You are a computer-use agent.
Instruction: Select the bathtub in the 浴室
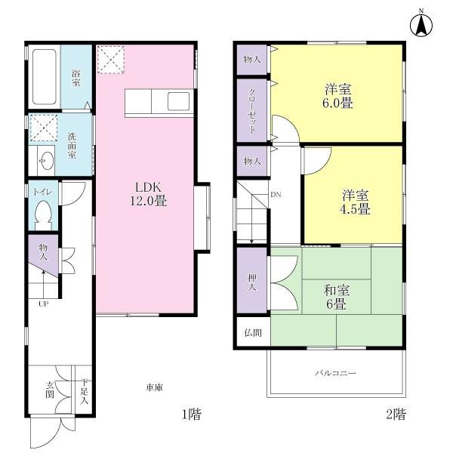pyautogui.click(x=45, y=78)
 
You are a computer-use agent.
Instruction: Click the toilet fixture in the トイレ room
pyautogui.click(x=43, y=214)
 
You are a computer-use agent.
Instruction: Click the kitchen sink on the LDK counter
pyautogui.click(x=180, y=100)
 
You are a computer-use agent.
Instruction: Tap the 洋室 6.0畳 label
pyautogui.click(x=337, y=96)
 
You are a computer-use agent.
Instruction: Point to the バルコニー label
pyautogui.click(x=335, y=373)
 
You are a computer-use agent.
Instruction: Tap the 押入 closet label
pyautogui.click(x=251, y=282)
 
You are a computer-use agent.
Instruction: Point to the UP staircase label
pyautogui.click(x=44, y=304)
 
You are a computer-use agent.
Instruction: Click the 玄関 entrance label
pyautogui.click(x=50, y=389)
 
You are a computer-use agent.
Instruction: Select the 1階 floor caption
pyautogui.click(x=190, y=414)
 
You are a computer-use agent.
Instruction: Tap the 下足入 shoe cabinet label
pyautogui.click(x=85, y=391)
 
